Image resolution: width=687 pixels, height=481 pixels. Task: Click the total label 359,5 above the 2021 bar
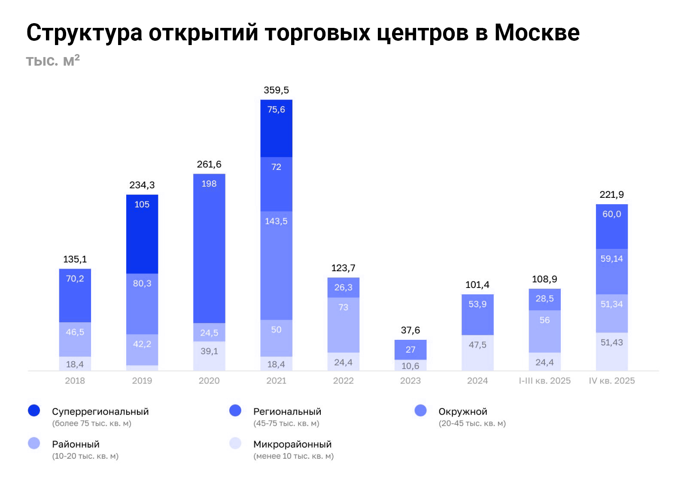tap(276, 90)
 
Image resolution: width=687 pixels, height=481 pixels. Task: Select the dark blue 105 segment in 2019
tap(142, 234)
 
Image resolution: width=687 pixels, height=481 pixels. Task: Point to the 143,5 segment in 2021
tap(276, 265)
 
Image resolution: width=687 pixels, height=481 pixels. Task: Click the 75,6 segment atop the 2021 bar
tap(276, 128)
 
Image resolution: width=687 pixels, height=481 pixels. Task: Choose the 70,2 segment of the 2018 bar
tap(75, 295)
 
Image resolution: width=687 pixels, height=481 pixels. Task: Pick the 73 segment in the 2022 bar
tap(343, 325)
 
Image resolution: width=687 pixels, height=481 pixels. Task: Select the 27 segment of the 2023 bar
tap(410, 350)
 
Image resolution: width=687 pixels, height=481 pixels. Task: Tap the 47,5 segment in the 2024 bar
tap(477, 353)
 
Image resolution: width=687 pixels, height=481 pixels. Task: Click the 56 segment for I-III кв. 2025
tap(544, 331)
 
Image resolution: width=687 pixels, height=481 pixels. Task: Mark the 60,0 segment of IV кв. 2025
tap(611, 227)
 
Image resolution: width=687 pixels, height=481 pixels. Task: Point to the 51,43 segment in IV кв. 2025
tap(611, 351)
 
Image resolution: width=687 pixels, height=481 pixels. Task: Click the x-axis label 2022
tap(343, 381)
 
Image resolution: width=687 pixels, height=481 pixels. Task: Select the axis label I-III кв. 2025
tap(544, 381)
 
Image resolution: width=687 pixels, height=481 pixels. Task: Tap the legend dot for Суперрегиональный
tap(34, 411)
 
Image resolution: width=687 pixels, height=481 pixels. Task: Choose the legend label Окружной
tap(462, 411)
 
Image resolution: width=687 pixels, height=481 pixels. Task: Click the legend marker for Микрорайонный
tap(235, 443)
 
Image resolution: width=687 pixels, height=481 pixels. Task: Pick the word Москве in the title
tap(537, 33)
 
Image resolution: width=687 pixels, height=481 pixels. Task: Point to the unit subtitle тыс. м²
tap(53, 61)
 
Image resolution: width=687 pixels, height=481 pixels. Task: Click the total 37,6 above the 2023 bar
tap(410, 330)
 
